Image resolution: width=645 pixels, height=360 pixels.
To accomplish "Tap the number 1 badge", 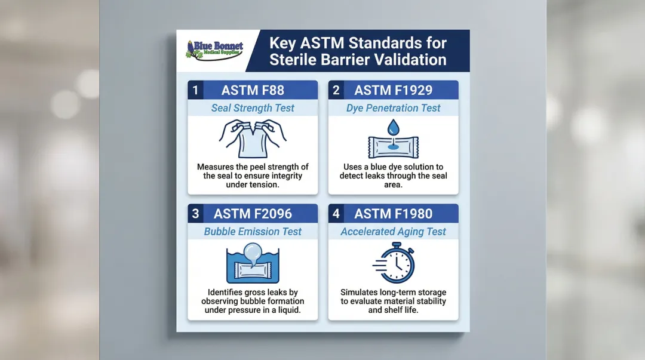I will (x=195, y=90).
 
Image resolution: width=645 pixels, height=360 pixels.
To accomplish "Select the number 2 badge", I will (x=336, y=90).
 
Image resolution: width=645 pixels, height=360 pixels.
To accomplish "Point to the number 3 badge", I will (x=195, y=213).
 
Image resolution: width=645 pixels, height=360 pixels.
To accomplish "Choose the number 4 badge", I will (x=336, y=213).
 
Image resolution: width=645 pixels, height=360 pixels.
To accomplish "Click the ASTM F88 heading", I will (x=253, y=90).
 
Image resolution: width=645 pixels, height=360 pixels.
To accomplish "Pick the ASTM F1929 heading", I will (x=393, y=90).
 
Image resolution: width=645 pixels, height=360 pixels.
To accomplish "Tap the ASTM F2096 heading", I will (x=253, y=213).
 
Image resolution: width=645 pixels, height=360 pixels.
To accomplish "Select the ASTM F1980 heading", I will (x=393, y=213).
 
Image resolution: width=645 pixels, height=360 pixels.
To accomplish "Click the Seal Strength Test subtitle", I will (x=253, y=108).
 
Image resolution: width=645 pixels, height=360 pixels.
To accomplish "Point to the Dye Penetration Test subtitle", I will (x=393, y=108).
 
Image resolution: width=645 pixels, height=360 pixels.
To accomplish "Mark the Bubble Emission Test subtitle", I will (x=253, y=232).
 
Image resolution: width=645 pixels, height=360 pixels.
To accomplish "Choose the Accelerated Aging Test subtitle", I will (x=393, y=232).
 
